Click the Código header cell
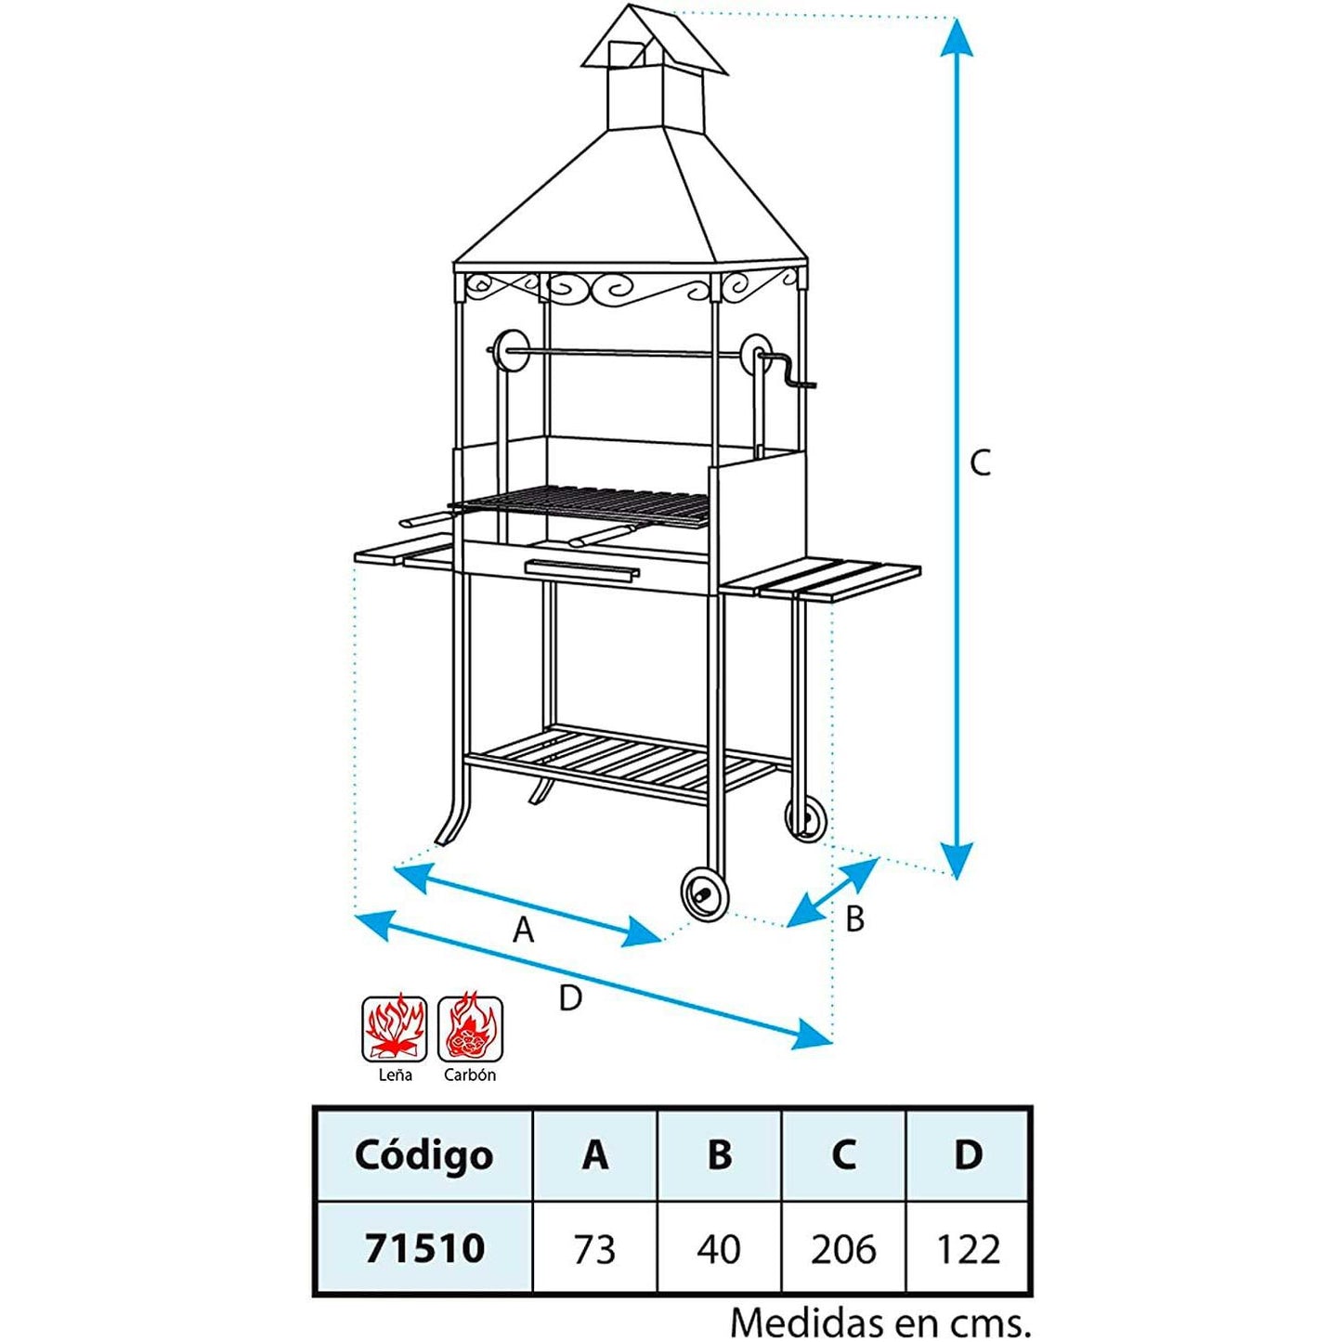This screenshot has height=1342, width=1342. [x=423, y=1154]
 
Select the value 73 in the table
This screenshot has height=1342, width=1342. [x=594, y=1249]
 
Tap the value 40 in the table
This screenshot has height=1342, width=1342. [x=719, y=1249]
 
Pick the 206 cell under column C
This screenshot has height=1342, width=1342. [x=843, y=1249]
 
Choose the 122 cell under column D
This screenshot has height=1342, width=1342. [x=968, y=1249]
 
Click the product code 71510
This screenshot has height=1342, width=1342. [x=424, y=1248]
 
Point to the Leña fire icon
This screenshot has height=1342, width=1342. [x=395, y=1029]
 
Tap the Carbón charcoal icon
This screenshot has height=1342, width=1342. [x=471, y=1029]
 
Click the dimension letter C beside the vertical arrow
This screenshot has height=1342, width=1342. [x=981, y=463]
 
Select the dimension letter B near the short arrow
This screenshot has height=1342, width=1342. [x=854, y=919]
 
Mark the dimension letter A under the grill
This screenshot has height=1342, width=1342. [x=524, y=929]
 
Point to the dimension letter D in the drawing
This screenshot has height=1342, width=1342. [x=570, y=997]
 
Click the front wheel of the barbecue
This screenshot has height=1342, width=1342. [x=705, y=894]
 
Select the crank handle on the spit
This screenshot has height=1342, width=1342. [x=789, y=375]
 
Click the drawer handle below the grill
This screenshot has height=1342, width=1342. [x=582, y=568]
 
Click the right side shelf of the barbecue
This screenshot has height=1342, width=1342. [x=822, y=579]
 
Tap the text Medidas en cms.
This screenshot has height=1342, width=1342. [x=879, y=1321]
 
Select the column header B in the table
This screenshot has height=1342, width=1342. [x=719, y=1154]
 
